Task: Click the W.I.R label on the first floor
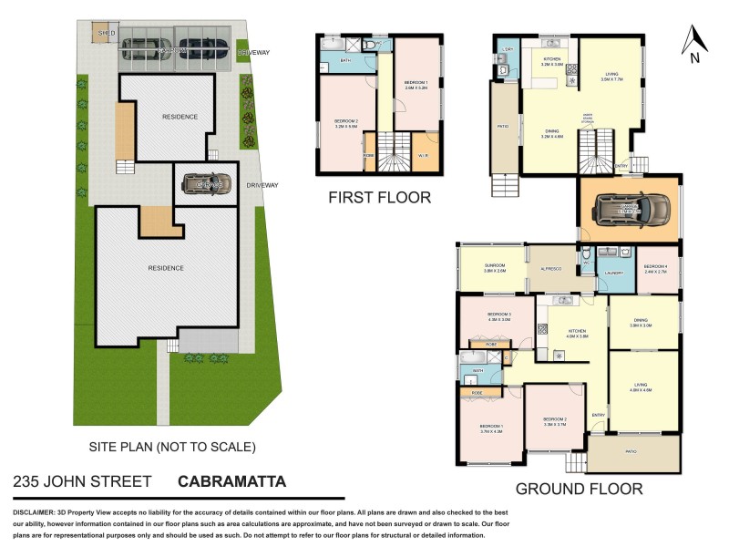tap(424, 156)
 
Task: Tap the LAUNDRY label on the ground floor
tap(612, 272)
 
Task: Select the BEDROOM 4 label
tap(657, 266)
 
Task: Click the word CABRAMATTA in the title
tap(231, 481)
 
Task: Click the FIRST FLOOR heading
tap(381, 198)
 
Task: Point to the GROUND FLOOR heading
tap(579, 489)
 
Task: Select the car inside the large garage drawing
tap(630, 211)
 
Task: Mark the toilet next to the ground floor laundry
tap(588, 255)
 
